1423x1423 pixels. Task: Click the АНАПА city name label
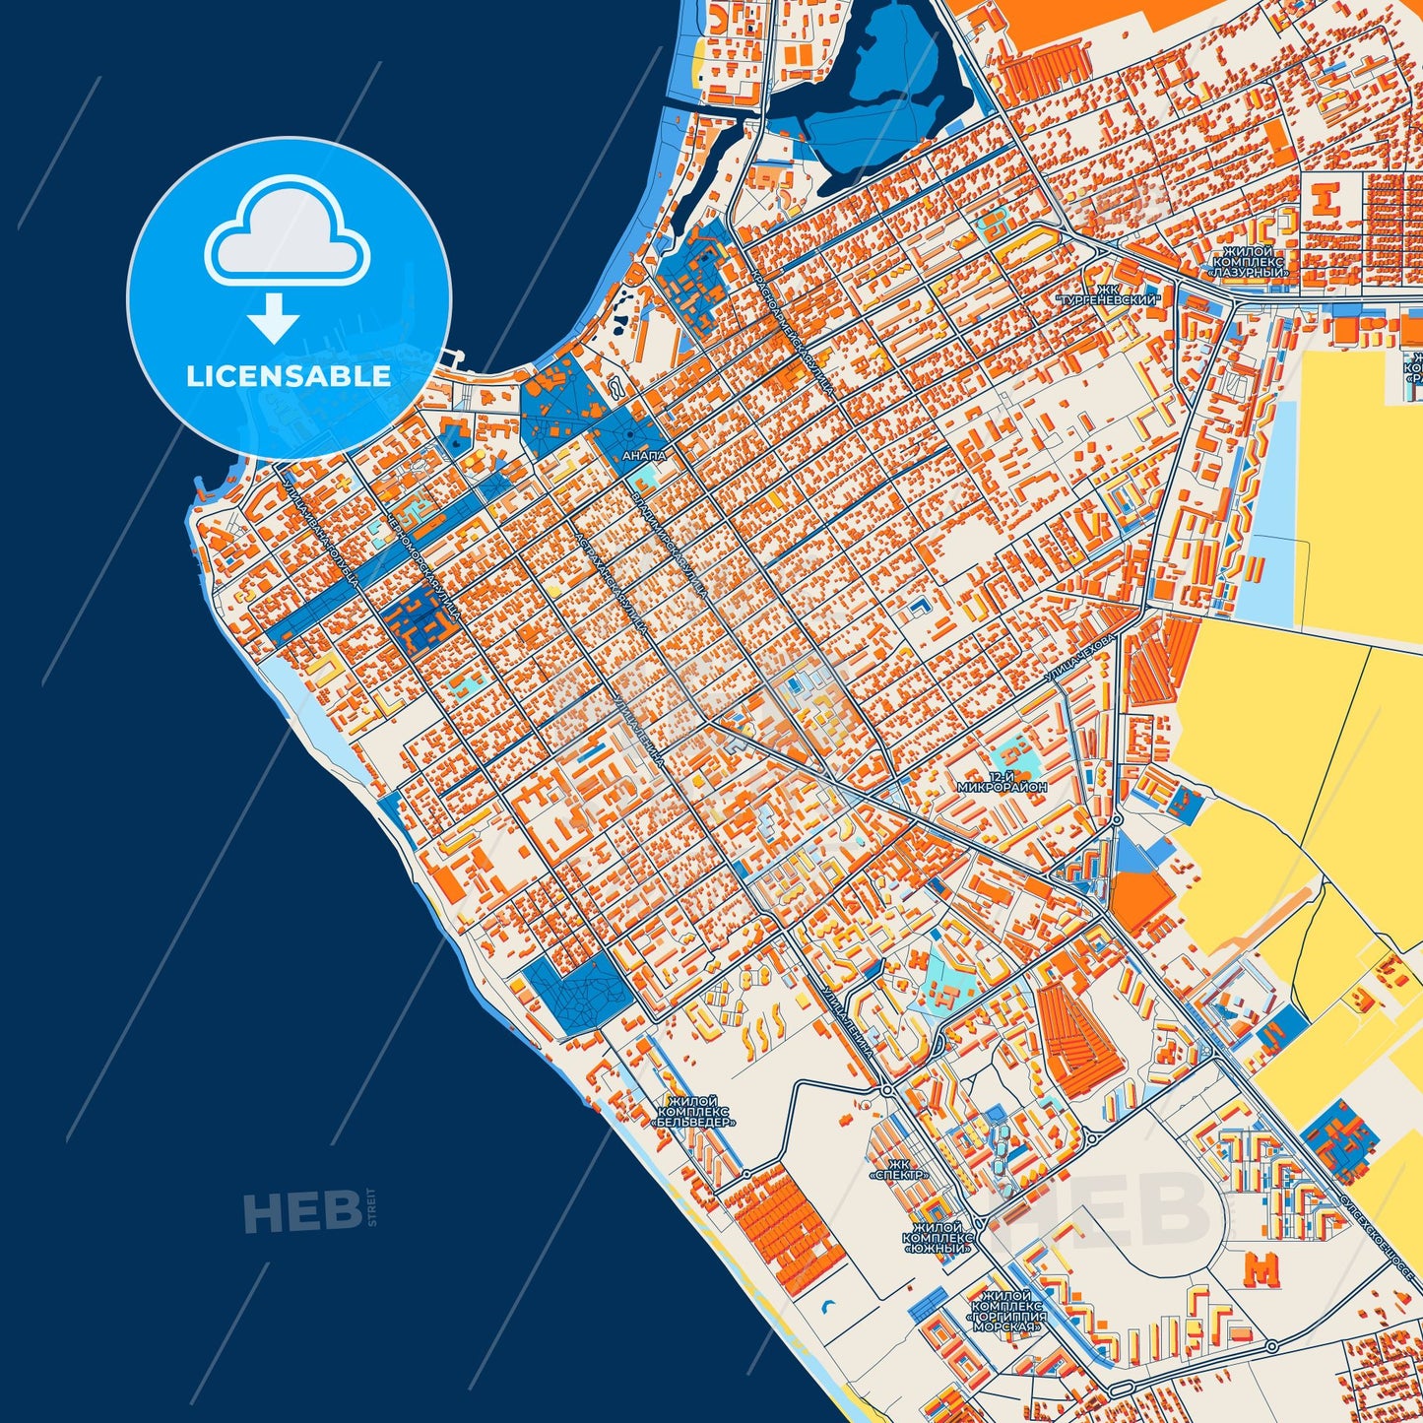(645, 456)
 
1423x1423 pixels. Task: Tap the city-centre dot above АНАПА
(630, 434)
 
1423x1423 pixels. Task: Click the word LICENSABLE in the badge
(289, 376)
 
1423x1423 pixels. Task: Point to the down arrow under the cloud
(274, 317)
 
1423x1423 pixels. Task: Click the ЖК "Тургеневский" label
(1108, 292)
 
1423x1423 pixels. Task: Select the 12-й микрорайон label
(1002, 783)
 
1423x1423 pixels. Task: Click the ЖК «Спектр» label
(898, 1169)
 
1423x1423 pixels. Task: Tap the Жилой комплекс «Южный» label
(938, 1238)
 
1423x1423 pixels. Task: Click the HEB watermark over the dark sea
(301, 1211)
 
